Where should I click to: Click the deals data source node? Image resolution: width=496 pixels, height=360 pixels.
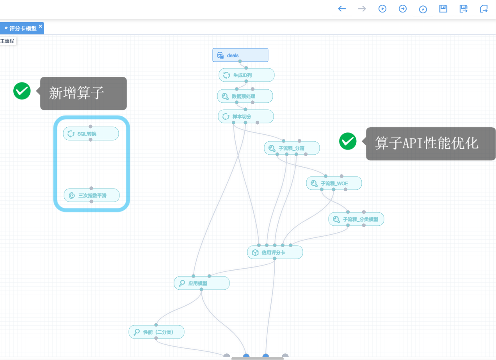tap(240, 55)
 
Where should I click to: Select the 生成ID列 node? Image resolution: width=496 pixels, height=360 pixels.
tap(247, 75)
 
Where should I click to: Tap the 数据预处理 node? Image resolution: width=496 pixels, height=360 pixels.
tap(245, 96)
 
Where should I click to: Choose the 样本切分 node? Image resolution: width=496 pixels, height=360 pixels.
tap(246, 116)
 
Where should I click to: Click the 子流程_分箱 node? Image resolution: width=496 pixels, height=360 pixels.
tap(292, 148)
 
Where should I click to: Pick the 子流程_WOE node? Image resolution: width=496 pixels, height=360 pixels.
tap(334, 183)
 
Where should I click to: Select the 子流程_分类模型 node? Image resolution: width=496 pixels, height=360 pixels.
tap(356, 219)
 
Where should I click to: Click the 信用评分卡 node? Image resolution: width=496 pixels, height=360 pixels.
tap(275, 253)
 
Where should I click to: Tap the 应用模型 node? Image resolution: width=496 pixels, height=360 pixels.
tap(202, 283)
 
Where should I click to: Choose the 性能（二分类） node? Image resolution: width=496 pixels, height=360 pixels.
tap(156, 332)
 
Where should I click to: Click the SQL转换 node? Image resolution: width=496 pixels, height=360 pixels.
tap(91, 134)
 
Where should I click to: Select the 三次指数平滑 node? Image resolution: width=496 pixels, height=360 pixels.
tap(92, 195)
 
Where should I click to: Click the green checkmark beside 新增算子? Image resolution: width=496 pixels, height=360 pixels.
tap(22, 91)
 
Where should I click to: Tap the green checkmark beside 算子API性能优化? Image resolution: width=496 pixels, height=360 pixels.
tap(348, 141)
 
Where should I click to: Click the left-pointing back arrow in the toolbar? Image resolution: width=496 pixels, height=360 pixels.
tap(342, 9)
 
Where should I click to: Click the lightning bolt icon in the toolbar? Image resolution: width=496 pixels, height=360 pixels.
tap(423, 9)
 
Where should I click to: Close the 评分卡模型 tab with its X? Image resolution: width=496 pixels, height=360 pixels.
tap(41, 26)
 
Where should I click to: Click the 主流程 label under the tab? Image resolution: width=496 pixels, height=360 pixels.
tap(7, 41)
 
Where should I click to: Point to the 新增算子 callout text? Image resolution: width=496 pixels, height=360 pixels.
tap(76, 93)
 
